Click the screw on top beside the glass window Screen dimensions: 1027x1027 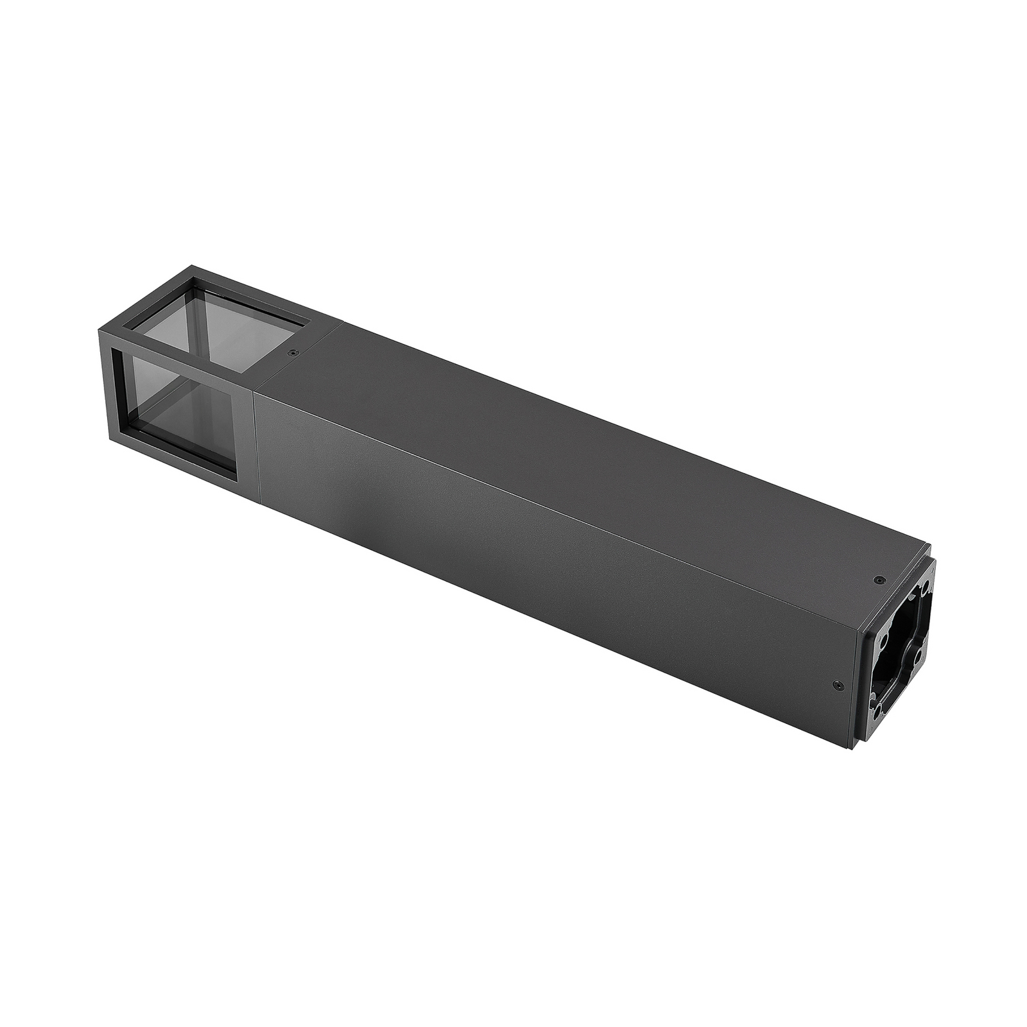[x=293, y=352]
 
